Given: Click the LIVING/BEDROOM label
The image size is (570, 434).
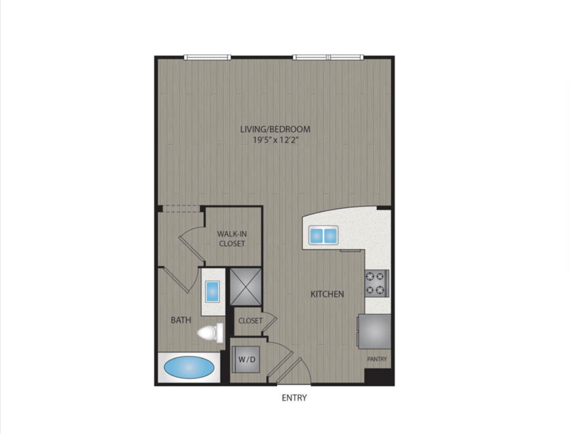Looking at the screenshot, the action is tap(275, 129).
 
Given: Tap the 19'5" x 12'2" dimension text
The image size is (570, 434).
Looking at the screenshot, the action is tap(276, 140).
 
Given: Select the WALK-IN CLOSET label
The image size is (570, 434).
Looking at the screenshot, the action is tap(232, 239).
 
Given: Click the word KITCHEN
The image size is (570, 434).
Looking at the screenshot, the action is tap(327, 294).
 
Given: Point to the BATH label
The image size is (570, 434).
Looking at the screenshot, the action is tap(181, 320).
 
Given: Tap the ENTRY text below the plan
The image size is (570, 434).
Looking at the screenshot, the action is tap(294, 397).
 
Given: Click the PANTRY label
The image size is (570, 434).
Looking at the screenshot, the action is tap(377, 359).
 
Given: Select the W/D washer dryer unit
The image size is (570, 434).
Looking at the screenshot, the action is tap(246, 359).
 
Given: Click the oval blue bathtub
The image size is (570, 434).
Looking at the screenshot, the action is tap(189, 368).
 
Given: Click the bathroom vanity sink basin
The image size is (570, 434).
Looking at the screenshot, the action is tap(213, 292).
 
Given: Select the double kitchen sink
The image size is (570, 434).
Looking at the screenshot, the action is tap(323, 235).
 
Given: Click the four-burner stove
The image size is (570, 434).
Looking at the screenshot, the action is tap(377, 283).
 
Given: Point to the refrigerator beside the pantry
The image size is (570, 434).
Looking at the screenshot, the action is tap(375, 331).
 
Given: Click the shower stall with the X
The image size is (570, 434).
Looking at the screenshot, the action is tap(246, 286).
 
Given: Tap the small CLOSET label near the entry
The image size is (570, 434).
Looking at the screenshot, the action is tap(250, 321).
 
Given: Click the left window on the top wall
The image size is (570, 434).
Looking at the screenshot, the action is tap(208, 57).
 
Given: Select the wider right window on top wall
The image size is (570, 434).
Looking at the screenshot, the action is tap(328, 57).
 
